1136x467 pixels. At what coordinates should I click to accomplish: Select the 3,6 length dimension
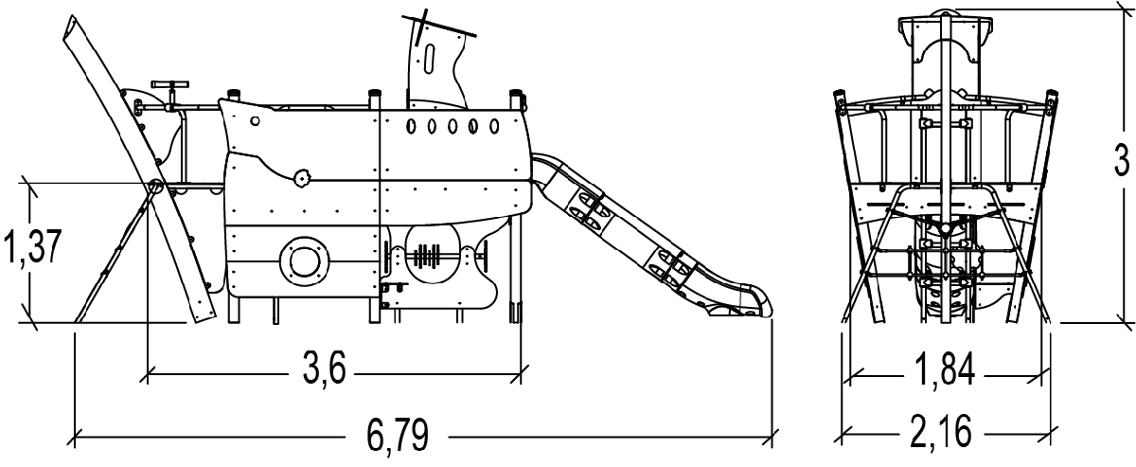click(325, 368)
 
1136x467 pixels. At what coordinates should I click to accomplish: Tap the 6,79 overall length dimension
click(398, 435)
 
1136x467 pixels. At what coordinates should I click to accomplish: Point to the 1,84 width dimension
click(945, 369)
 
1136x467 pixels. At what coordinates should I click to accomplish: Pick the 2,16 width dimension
click(941, 431)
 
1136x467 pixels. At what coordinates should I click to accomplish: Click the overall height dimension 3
click(1121, 159)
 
